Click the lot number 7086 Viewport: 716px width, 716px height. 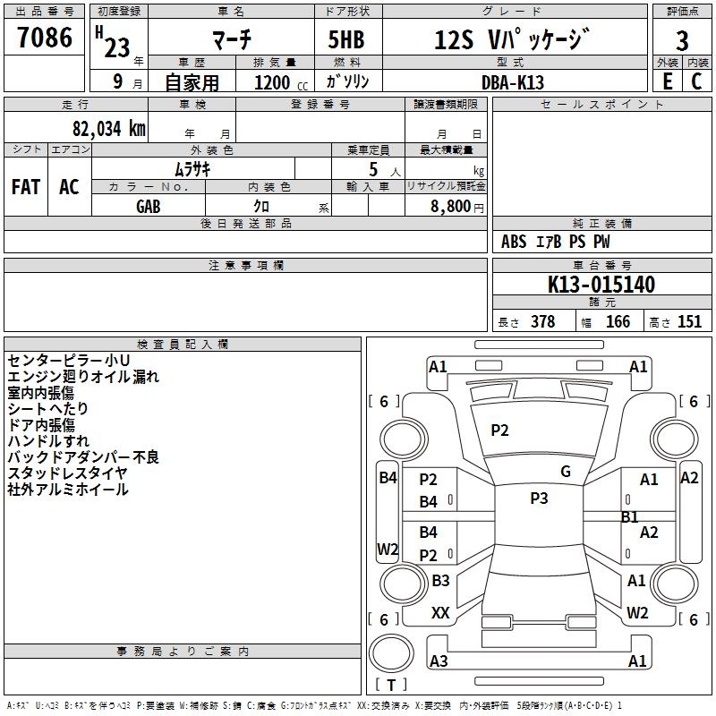(x=45, y=38)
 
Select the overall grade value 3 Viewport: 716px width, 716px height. (x=682, y=41)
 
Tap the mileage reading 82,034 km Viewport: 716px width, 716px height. (x=108, y=129)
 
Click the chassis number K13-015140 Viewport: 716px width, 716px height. (x=601, y=285)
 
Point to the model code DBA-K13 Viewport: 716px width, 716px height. (x=512, y=82)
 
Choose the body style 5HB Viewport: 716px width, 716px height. (x=346, y=39)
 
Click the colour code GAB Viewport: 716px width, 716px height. (x=149, y=207)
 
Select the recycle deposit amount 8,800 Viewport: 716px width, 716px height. (x=450, y=207)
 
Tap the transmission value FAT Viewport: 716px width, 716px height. (x=26, y=187)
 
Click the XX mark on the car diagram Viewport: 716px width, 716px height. (x=440, y=613)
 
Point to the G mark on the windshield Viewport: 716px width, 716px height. (x=566, y=472)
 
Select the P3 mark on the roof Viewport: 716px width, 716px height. (x=539, y=499)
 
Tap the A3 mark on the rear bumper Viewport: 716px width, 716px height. (x=439, y=661)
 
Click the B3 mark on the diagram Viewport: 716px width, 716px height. (x=440, y=581)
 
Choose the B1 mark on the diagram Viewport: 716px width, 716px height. (x=630, y=517)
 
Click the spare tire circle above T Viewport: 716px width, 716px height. (x=391, y=653)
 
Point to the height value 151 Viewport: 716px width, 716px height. (x=689, y=321)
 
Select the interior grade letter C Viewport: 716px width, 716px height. (x=696, y=81)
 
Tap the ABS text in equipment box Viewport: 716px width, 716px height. (x=514, y=242)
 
